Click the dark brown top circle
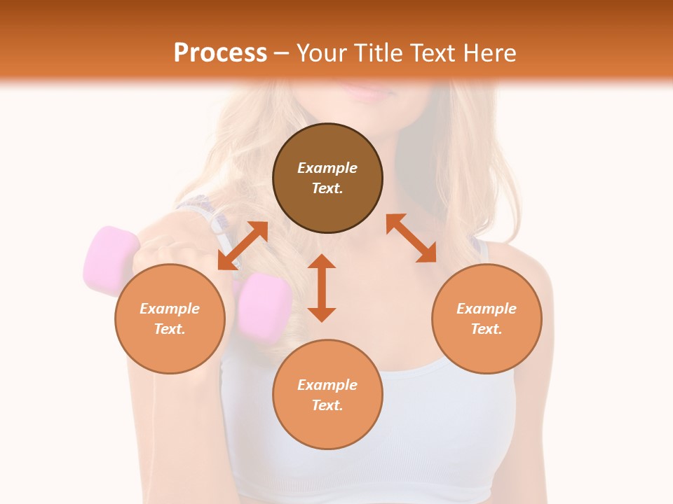point(327,178)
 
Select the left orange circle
point(170,319)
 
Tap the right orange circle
point(487,319)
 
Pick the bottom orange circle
point(327,395)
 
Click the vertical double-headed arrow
point(322,288)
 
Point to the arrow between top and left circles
point(243,245)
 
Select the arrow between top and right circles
point(411,238)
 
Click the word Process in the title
point(220,52)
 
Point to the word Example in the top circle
point(327,168)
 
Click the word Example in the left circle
point(170,309)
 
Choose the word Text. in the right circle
point(487,329)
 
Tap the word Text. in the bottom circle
point(327,405)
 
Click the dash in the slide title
point(282,53)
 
